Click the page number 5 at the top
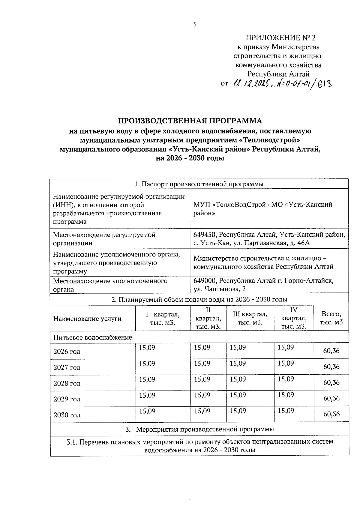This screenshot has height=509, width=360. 195,25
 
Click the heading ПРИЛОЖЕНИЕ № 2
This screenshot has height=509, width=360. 280,38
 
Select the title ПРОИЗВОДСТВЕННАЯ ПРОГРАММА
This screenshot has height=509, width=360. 190,121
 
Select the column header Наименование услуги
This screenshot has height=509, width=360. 87,319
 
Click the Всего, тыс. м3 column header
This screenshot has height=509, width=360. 331,318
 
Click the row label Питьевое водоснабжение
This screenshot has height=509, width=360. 93,337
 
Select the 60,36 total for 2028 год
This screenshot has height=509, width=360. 331,382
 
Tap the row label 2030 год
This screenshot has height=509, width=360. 67,415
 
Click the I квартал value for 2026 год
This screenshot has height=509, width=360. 147,347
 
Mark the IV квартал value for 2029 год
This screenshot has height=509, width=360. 286,395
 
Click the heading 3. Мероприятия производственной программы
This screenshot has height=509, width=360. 199,429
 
